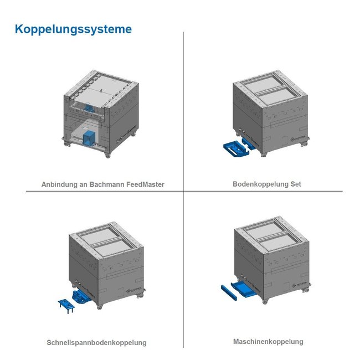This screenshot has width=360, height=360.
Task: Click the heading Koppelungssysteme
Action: pos(73,29)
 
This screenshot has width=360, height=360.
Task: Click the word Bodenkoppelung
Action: pos(258,184)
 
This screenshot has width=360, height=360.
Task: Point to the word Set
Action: pos(296,184)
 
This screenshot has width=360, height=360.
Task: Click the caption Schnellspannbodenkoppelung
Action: pos(96,343)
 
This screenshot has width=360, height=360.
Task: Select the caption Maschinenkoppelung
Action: pos(268,342)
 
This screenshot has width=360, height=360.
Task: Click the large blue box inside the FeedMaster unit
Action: pos(89,138)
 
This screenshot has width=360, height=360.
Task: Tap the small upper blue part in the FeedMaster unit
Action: pos(89,108)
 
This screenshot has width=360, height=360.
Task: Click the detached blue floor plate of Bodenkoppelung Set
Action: pos(236,149)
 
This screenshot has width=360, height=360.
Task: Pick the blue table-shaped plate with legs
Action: pos(66,306)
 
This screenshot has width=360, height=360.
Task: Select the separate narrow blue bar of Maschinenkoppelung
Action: pos(229,292)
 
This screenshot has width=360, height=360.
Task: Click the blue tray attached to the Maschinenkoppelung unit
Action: pos(244,290)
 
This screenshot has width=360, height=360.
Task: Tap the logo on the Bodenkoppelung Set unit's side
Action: pos(298,138)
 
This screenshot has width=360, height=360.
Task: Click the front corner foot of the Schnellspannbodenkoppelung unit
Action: pos(100,306)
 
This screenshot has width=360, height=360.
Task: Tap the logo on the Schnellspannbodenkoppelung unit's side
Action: pos(134,290)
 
